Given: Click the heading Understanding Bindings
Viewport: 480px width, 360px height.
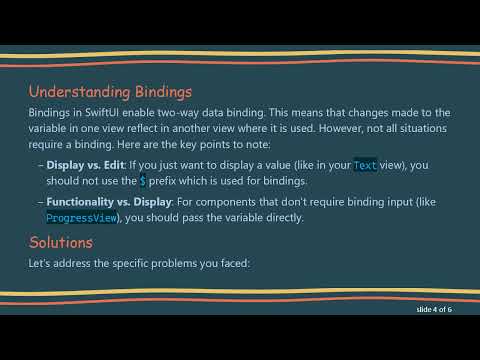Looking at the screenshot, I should [x=109, y=93].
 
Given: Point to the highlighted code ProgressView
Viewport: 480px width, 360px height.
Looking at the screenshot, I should [x=82, y=217].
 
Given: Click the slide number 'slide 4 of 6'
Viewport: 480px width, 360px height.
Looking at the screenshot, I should [x=434, y=310].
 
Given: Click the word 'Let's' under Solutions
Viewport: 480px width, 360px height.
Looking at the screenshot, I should [x=41, y=263].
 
